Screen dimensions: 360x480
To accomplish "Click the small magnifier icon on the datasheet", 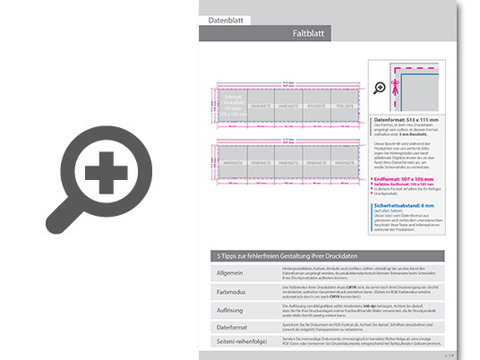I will pyautogui.click(x=380, y=88).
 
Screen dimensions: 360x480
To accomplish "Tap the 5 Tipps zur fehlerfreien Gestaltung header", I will pyautogui.click(x=287, y=255).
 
